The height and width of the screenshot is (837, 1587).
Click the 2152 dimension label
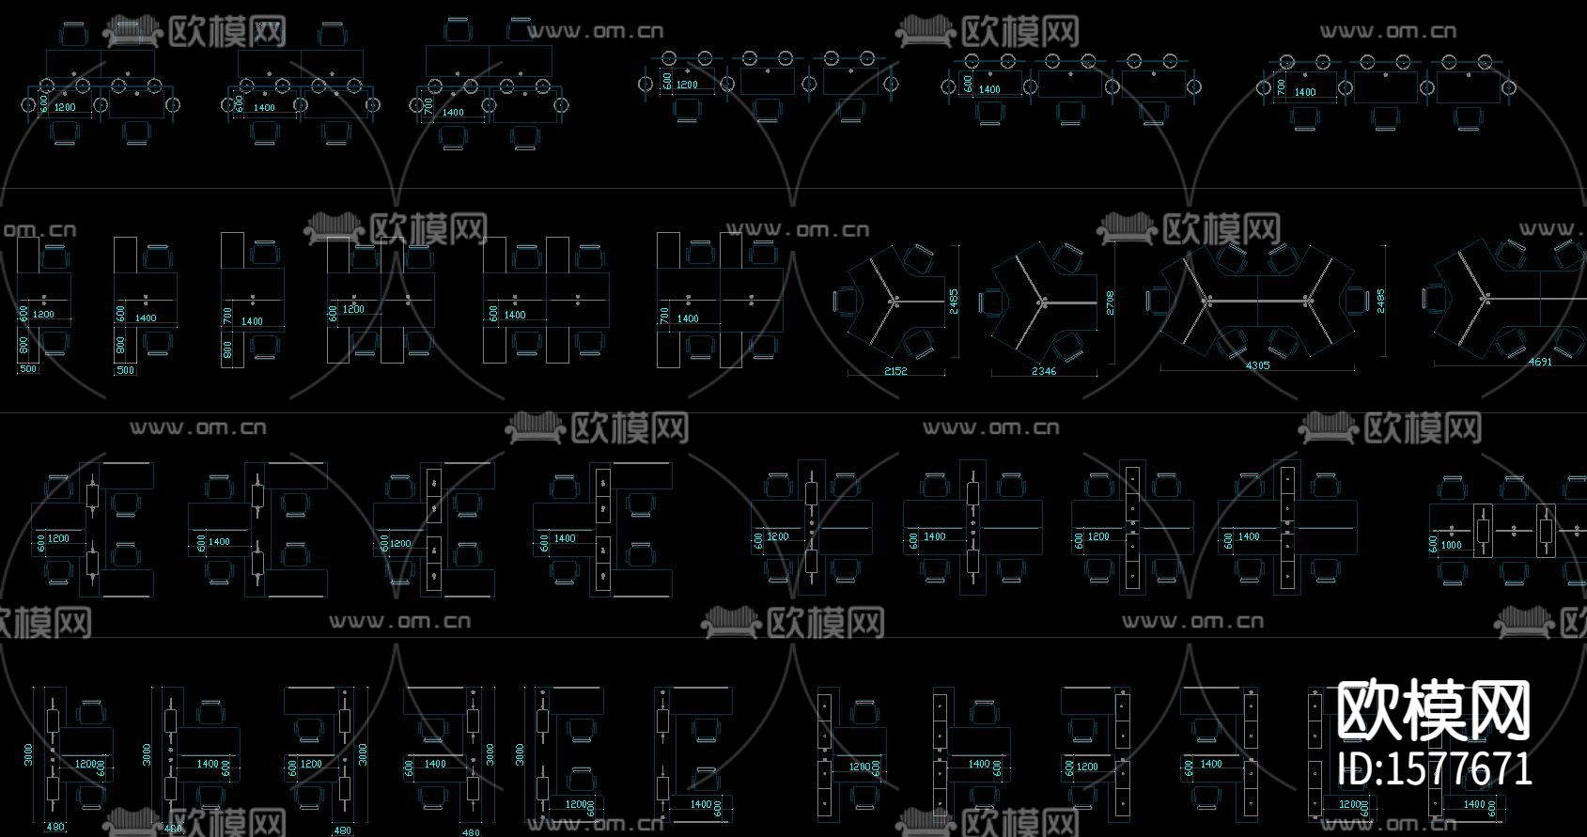tap(895, 371)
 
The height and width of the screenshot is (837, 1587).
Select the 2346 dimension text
tap(1043, 371)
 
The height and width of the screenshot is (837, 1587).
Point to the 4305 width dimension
tap(1257, 365)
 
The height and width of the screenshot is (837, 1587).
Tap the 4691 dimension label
tap(1540, 362)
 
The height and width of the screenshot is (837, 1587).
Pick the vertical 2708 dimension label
tap(1110, 302)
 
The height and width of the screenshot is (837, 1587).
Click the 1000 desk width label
tap(1452, 545)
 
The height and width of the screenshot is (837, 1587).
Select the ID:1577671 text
tap(1434, 769)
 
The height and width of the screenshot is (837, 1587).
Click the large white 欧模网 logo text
tap(1434, 711)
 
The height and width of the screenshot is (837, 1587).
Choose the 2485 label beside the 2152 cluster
tap(953, 301)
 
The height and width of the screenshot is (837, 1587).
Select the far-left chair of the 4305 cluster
tap(1158, 301)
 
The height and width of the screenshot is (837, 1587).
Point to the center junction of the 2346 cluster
tap(1042, 302)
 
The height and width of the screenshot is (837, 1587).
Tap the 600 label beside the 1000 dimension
tap(1433, 545)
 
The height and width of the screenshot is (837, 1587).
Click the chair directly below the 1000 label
tap(1453, 572)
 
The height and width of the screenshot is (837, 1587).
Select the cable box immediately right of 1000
tap(1484, 531)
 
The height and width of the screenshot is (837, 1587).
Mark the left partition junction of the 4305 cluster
tap(1208, 301)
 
